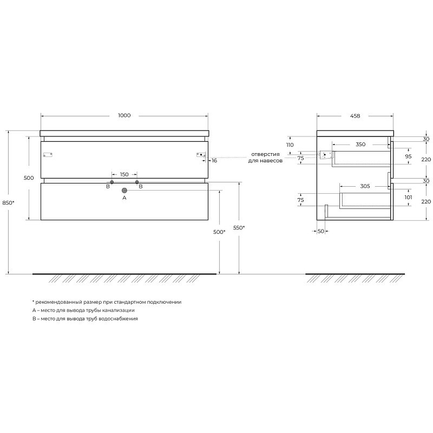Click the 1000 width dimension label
124,115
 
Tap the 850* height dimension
8,202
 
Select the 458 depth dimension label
355,116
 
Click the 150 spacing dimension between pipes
124,174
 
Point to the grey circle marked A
124,191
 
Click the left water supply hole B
112,182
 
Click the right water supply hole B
137,182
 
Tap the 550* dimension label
239,228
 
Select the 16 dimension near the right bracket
214,160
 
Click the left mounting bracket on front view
48,155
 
